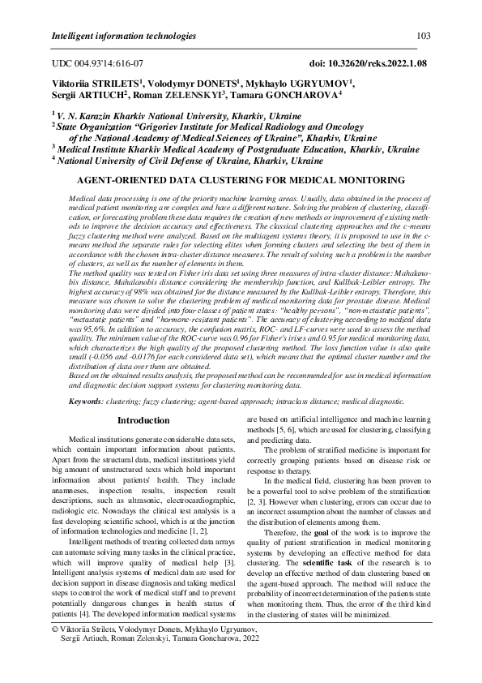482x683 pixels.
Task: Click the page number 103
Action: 423,37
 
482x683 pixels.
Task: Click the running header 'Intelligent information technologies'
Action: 123,37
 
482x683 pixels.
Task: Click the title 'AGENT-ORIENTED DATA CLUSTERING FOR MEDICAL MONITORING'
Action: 240,180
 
